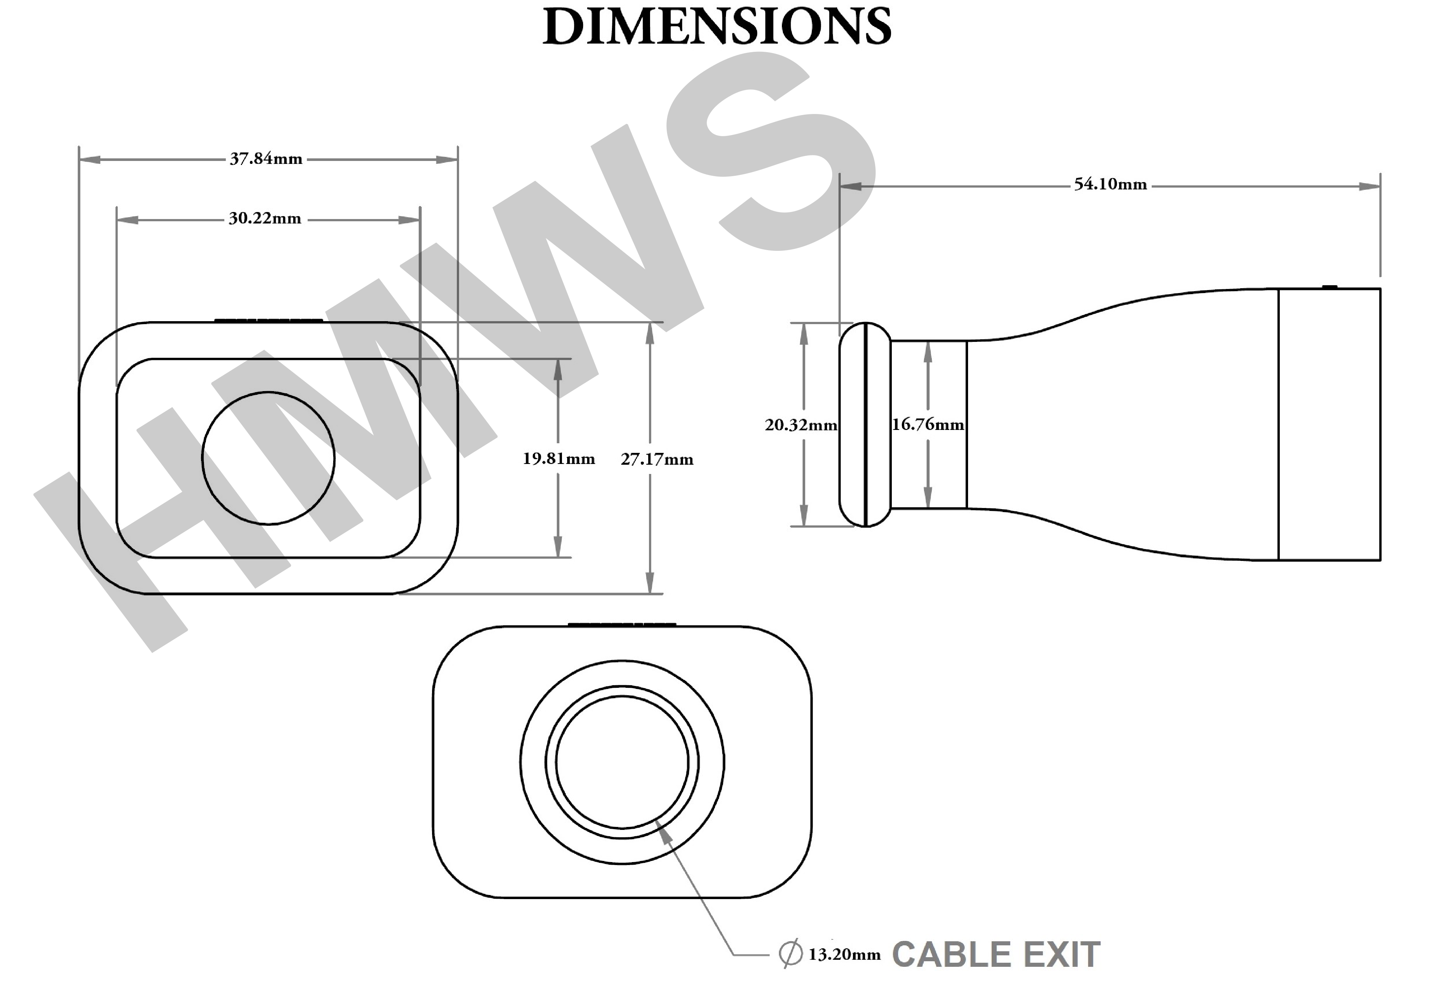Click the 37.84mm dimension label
tap(266, 159)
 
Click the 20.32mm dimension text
tap(801, 425)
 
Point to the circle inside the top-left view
tap(268, 458)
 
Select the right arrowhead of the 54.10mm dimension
tap(1369, 186)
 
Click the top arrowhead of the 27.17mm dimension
tap(650, 333)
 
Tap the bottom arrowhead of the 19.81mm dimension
tap(558, 546)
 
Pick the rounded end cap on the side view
tap(865, 425)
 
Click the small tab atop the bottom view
tap(622, 625)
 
